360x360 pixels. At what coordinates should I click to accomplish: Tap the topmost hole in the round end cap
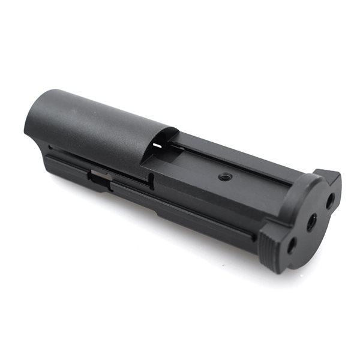click(x=330, y=202)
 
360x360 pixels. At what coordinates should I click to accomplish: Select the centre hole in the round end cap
click(x=311, y=223)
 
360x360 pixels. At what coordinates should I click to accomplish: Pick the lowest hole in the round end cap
click(x=290, y=245)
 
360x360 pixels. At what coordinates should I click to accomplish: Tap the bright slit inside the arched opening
click(x=157, y=145)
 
